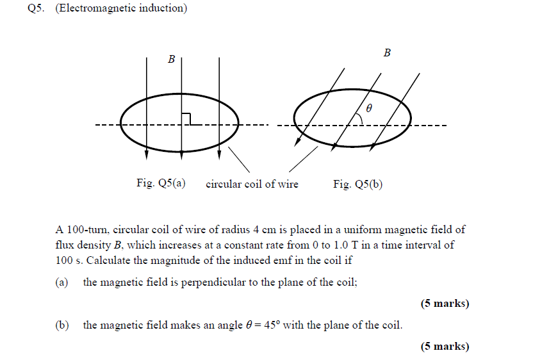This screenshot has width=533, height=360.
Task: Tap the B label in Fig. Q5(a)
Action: tap(171, 60)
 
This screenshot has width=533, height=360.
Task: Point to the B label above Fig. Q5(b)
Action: tap(387, 53)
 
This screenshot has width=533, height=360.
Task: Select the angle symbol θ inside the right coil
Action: tap(368, 109)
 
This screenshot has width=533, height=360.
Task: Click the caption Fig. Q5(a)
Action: tap(161, 184)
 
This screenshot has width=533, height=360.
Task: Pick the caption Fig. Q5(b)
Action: tap(357, 184)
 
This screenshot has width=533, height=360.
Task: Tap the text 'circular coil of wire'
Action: tap(252, 184)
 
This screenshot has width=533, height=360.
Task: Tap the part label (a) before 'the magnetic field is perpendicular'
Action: tap(61, 282)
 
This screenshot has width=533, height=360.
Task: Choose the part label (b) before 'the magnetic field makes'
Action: tap(62, 325)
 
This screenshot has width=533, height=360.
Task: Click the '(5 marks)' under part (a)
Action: tap(445, 304)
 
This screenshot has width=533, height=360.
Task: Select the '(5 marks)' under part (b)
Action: tap(445, 347)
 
